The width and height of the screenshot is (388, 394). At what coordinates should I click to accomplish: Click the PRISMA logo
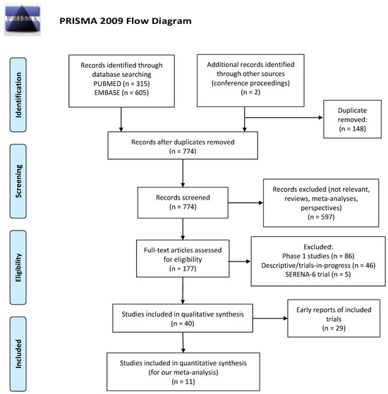point(22,19)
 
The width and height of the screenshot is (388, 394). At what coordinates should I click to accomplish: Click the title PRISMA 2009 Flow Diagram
point(126,21)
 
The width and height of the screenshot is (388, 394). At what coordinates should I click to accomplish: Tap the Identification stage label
point(18,94)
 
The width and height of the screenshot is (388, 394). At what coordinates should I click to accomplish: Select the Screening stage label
point(18,181)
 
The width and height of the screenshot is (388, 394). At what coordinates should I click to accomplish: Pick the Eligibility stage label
point(18,267)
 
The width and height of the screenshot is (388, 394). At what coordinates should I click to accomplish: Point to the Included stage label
point(18,354)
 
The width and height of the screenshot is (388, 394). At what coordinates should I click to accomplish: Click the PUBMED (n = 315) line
point(121,84)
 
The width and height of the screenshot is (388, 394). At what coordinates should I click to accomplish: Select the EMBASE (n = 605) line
point(121,93)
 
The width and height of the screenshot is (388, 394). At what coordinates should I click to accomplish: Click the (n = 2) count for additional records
point(250,92)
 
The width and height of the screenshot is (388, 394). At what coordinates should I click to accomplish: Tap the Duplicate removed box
point(352,119)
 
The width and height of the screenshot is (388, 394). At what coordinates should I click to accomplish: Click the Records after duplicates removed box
point(183,145)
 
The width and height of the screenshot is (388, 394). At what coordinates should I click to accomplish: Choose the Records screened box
point(183,202)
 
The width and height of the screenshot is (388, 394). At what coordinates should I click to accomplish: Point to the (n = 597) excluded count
point(321,217)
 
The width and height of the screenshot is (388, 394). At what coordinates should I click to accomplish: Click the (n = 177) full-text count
point(183,269)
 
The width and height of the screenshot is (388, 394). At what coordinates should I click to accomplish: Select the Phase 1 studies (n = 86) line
point(318,256)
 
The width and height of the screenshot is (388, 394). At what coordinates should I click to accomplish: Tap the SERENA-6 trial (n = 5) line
point(318,274)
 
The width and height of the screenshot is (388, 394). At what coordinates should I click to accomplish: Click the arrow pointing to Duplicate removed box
point(284,117)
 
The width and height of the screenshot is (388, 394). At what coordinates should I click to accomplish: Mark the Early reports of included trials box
point(334,319)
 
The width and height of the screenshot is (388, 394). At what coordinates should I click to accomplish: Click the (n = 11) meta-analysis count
point(183,382)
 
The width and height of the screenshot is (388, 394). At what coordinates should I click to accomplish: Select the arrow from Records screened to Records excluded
point(245,202)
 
